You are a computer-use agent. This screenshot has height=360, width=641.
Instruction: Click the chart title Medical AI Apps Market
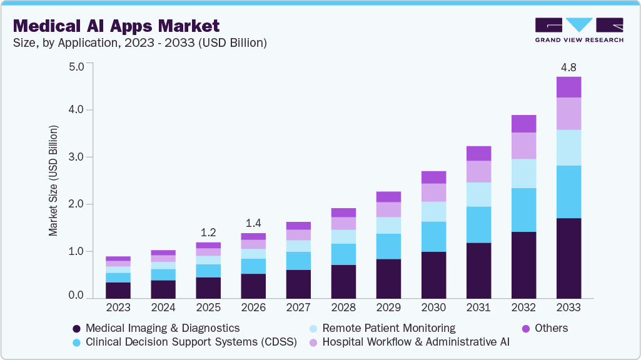point(116,26)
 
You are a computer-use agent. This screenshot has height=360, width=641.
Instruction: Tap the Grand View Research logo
point(578,30)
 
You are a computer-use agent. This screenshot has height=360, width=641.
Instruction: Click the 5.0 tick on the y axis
point(76,66)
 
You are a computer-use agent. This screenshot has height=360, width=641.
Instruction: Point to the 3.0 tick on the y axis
point(76,157)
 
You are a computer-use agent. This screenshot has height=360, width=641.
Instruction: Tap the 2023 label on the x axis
point(118,307)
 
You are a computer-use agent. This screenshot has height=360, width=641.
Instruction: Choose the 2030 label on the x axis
point(433,307)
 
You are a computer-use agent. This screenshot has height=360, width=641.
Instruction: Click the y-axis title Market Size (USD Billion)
point(53,181)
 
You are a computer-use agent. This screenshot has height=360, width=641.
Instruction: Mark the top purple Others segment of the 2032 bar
point(523,124)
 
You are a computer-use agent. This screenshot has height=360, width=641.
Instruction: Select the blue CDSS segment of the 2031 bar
point(478,225)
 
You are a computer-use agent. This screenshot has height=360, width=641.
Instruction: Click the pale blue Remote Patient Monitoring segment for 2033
point(568,147)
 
